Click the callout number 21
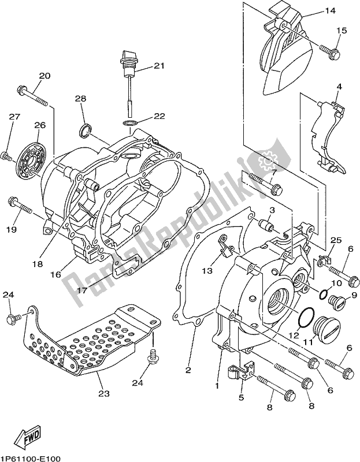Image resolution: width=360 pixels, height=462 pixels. pos(159,65)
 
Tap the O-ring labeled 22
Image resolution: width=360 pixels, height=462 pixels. pos(129,123)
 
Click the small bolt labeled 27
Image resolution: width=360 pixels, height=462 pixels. pos(6,155)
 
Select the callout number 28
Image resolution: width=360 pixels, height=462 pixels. pos(80,99)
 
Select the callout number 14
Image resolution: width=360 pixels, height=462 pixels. pos(329,10)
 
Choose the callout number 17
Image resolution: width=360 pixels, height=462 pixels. pos(82,290)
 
